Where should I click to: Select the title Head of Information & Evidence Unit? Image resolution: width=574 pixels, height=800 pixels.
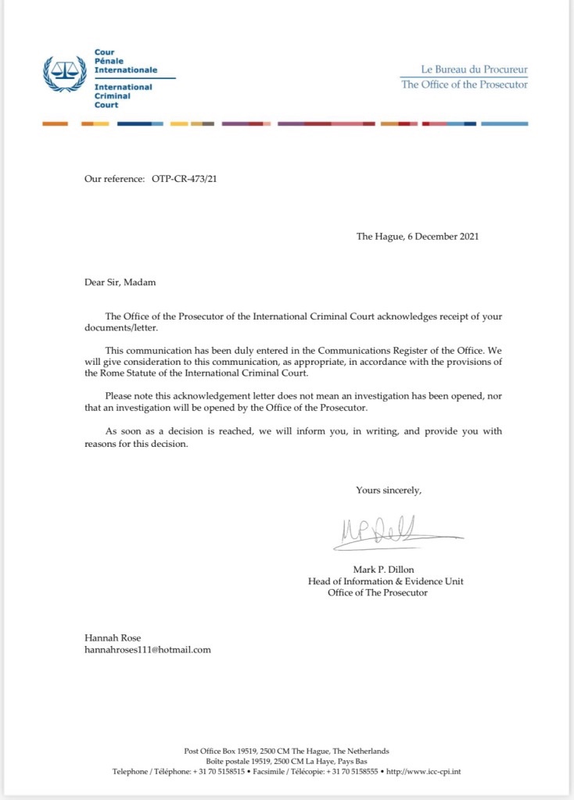pos(386,581)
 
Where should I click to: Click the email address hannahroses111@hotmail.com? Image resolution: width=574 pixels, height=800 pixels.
pos(148,649)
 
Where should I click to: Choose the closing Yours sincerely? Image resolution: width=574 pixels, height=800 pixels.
pos(389,490)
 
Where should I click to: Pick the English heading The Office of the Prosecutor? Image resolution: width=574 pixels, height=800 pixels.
pos(465,84)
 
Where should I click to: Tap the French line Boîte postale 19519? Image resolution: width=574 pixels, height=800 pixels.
pos(287,761)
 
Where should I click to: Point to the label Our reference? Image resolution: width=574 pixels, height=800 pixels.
pos(114,179)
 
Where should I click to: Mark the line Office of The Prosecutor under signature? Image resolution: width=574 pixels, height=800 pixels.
pos(378,593)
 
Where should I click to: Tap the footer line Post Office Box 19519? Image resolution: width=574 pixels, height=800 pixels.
pos(287,751)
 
